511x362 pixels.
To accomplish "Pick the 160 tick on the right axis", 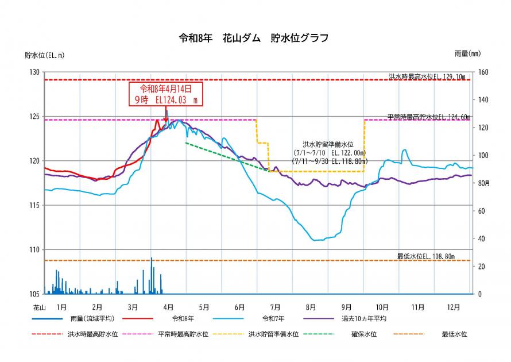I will pyautogui.click(x=483, y=72).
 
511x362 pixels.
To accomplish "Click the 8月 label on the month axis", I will pyautogui.click(x=311, y=307).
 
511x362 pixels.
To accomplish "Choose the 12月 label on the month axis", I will pyautogui.click(x=454, y=307).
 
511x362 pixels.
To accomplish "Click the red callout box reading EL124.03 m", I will pyautogui.click(x=165, y=94).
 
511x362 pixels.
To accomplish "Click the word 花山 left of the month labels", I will pyautogui.click(x=39, y=307).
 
